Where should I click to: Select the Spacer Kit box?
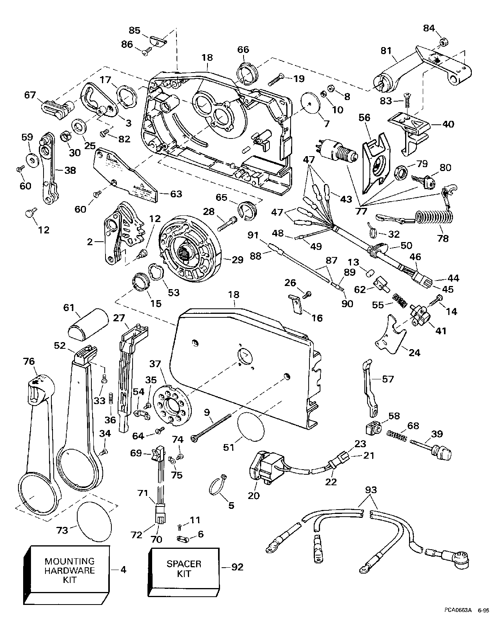pyautogui.click(x=184, y=568)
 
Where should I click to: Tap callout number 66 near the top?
pyautogui.click(x=243, y=50)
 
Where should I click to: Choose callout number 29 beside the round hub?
pyautogui.click(x=238, y=260)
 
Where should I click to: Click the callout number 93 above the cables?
pyautogui.click(x=371, y=490)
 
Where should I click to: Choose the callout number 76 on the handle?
pyautogui.click(x=30, y=362)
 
